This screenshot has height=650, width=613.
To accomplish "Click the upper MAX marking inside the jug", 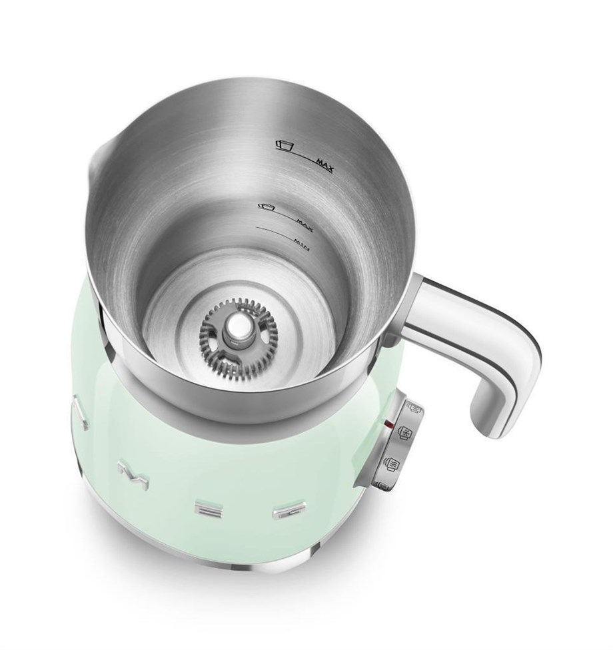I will (325, 162).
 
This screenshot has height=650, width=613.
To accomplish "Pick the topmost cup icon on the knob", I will (412, 408).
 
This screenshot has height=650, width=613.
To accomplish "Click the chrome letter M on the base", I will (129, 472).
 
